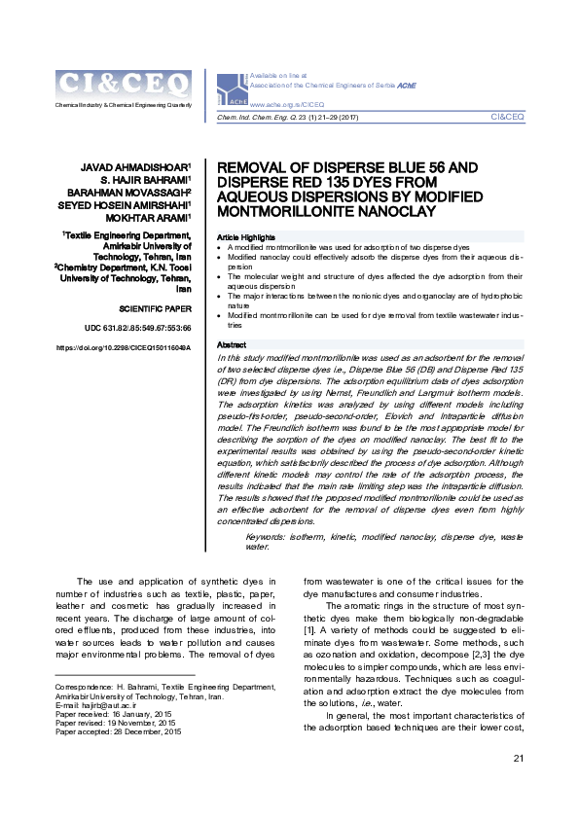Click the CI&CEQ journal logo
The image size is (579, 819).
[123, 85]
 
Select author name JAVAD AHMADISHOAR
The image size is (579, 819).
[139, 167]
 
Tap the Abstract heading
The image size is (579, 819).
[231, 345]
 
